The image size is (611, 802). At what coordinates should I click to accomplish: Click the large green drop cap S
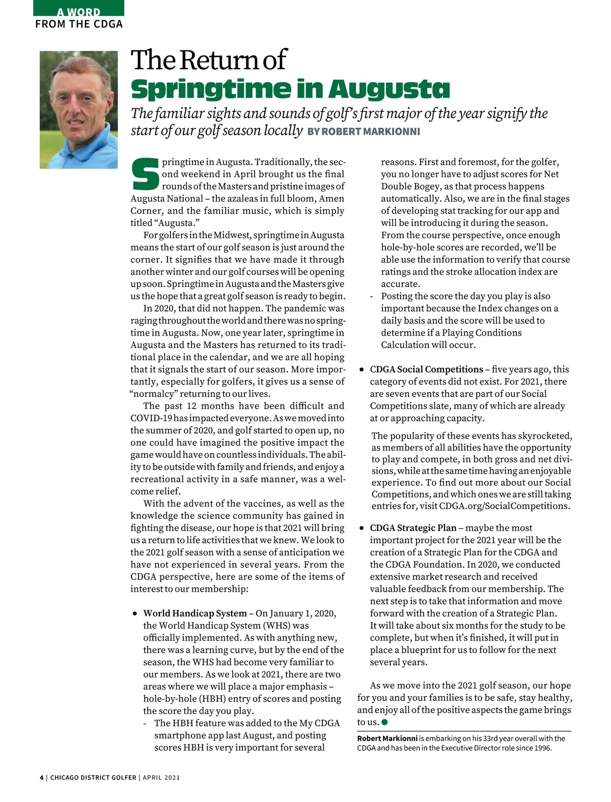point(145,174)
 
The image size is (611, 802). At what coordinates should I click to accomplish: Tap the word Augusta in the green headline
point(389,89)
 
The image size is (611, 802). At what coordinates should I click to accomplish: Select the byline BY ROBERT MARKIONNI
point(364,132)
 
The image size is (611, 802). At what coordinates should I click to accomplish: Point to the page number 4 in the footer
point(42,778)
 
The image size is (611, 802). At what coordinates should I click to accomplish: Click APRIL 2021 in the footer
point(161,778)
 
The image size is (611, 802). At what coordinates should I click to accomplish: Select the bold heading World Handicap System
point(195,613)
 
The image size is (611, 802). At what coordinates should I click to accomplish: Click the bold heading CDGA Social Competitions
point(426,369)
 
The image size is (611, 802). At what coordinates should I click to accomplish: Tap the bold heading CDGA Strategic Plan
point(413,528)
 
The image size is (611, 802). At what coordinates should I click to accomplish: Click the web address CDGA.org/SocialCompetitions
point(504,506)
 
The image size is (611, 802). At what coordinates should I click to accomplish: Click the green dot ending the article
point(384,722)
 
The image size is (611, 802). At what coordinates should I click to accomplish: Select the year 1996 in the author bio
point(541,748)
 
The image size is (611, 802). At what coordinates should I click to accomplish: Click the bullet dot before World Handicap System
point(135,614)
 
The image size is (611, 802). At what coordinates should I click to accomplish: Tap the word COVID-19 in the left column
point(151,418)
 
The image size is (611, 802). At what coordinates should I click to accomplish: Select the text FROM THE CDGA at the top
point(79,24)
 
